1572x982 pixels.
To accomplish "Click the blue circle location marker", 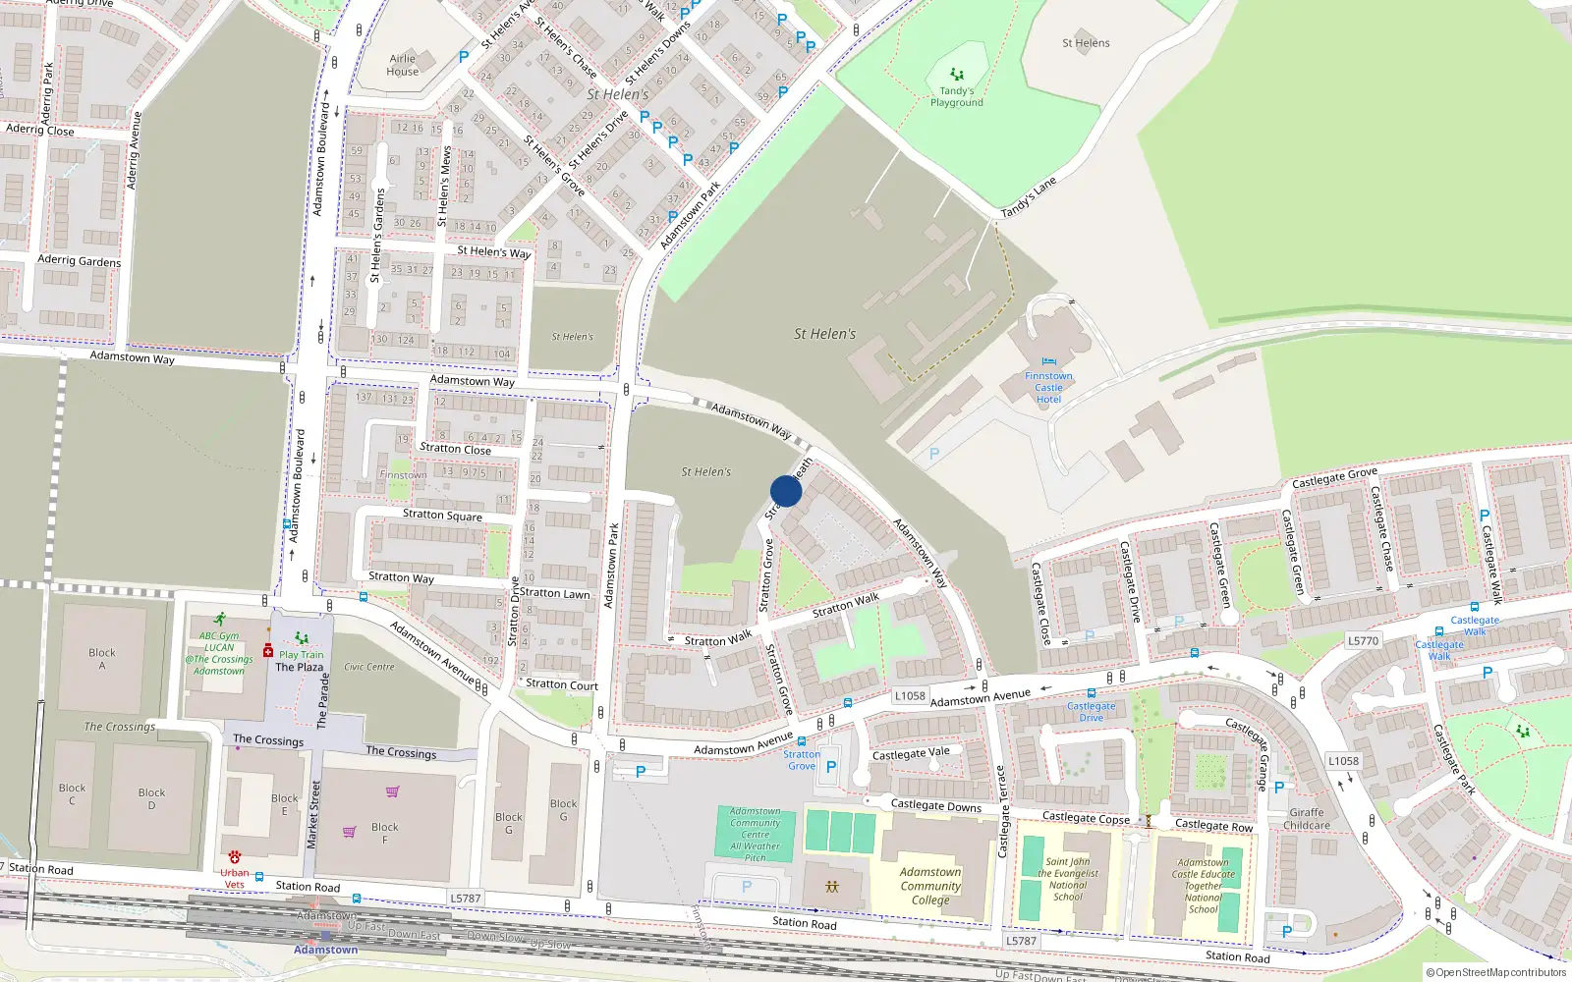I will (x=786, y=491).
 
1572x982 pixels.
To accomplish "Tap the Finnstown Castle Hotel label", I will (x=1048, y=387).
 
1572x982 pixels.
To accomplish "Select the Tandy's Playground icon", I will (x=956, y=75).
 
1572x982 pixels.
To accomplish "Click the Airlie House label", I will (x=402, y=65).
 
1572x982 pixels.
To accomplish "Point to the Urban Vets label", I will (x=234, y=878).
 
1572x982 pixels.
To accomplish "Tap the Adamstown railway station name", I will (x=325, y=950).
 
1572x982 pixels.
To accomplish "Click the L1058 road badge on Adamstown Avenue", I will (x=910, y=695).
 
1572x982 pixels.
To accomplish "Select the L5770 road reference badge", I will (x=1363, y=640).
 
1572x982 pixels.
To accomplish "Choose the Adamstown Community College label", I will (x=930, y=886).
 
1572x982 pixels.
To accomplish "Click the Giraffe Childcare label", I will (x=1307, y=819).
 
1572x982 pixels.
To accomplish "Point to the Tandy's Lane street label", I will (x=1029, y=197).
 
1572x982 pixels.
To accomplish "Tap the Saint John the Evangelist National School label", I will (x=1068, y=879).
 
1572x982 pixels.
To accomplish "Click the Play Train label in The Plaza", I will (x=301, y=654).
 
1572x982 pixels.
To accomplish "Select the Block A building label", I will (x=102, y=659).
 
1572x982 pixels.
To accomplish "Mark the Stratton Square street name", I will (x=442, y=515).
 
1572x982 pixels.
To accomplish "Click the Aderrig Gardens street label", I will (x=79, y=260).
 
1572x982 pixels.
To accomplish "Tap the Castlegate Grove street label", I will (x=1334, y=478).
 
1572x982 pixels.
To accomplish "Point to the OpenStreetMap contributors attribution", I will (x=1496, y=972).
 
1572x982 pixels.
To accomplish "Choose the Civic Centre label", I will (x=369, y=667).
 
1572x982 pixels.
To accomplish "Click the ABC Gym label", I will (x=219, y=635).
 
